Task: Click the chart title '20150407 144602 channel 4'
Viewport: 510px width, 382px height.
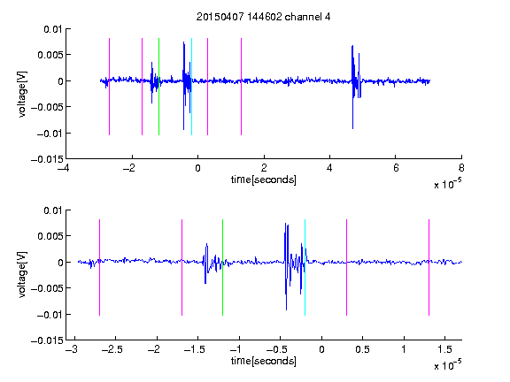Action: coord(263,17)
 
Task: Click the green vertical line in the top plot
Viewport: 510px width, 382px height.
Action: coord(158,87)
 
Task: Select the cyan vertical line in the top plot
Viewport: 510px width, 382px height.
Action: coord(191,87)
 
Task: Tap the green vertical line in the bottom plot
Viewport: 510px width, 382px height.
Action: coord(222,267)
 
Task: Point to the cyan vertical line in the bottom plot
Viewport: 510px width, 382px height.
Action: coord(305,267)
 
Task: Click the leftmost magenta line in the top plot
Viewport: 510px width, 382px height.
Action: coord(109,87)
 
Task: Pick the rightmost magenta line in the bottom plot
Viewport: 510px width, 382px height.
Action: coord(429,267)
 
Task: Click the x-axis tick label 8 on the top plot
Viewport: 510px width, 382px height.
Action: coord(461,168)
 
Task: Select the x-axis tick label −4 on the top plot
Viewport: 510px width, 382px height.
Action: coord(63,168)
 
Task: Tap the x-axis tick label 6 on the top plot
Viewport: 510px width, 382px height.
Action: coord(396,168)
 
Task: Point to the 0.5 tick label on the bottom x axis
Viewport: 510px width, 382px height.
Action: coord(362,349)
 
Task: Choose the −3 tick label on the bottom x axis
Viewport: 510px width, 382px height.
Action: coord(71,349)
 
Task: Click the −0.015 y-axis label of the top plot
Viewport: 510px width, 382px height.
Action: coord(47,159)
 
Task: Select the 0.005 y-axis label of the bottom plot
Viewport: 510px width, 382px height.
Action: coord(50,236)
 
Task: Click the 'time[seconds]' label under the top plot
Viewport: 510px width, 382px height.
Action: coord(264,180)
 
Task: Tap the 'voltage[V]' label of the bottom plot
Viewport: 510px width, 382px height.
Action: coord(22,275)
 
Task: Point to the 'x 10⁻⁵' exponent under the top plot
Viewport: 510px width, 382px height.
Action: coord(447,184)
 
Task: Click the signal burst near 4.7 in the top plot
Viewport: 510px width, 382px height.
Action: coord(356,87)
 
